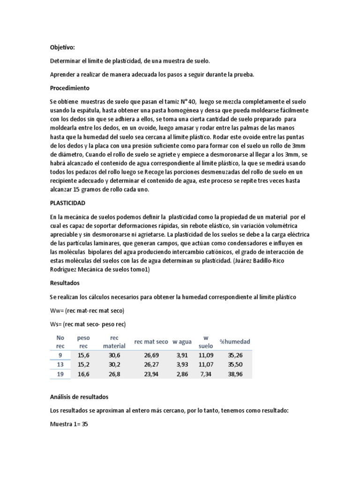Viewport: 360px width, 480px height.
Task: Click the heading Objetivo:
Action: pos(62,47)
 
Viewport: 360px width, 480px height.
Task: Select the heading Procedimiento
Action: pos(69,88)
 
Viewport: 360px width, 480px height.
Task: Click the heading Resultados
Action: pos(65,283)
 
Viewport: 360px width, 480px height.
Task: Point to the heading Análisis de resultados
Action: pos(79,397)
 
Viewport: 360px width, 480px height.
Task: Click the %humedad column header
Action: pos(235,341)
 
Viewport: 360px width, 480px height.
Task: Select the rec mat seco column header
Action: pos(151,341)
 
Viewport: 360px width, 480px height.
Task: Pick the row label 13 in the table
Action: pos(60,364)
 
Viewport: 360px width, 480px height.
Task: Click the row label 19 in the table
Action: pos(60,374)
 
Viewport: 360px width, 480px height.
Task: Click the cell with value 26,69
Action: pos(153,355)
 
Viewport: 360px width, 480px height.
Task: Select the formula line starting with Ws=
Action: pos(88,324)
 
